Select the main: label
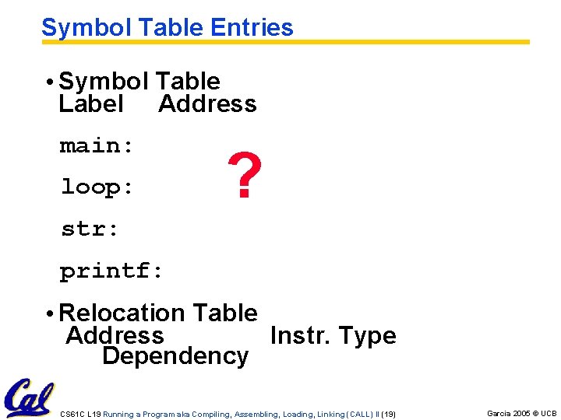(97, 145)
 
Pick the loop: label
(97, 187)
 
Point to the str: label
(90, 229)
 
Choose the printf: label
(111, 271)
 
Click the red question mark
(244, 176)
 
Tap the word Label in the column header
(90, 103)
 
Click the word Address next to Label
(207, 103)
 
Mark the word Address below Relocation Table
(115, 335)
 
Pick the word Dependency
(175, 356)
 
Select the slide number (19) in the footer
(389, 414)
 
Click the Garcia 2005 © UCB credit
(521, 413)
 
